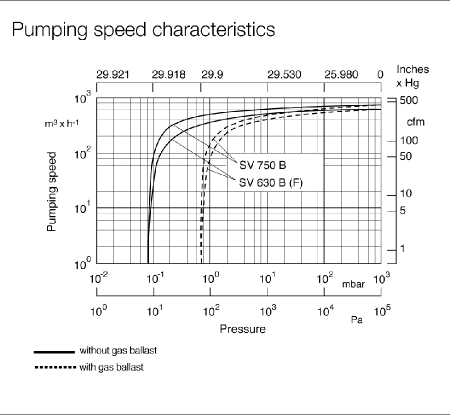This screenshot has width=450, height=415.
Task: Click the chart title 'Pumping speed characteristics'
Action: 143,29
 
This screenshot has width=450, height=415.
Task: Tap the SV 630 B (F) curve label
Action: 272,183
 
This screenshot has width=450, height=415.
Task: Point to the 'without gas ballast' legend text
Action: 118,350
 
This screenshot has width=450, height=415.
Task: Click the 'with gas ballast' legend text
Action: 111,367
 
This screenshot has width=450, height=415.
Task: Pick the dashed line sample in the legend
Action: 54,368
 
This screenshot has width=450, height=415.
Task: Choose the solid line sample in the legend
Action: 54,351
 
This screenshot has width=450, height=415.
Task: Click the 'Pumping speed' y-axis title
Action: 51,192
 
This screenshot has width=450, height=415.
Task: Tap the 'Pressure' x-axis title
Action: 242,329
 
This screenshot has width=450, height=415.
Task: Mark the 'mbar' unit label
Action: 353,284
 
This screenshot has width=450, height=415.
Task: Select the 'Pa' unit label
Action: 357,320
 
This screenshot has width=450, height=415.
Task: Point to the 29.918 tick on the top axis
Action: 168,75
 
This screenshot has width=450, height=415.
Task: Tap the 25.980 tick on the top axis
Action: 341,75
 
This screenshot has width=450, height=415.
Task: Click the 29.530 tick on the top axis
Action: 284,75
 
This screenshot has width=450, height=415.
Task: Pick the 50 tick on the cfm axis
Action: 405,156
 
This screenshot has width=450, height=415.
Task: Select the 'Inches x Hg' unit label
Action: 412,75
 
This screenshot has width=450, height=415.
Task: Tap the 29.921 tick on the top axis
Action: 112,75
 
